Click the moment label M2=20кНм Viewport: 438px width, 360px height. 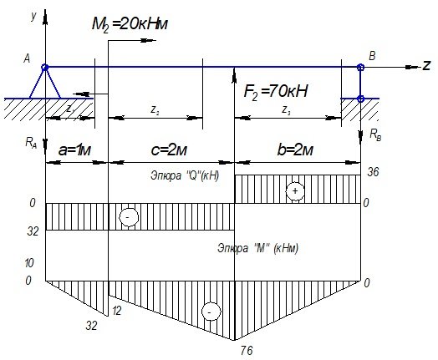point(130,24)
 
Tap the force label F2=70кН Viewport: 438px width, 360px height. point(276,91)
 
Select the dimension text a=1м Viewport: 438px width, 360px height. point(74,150)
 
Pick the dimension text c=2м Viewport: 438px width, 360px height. point(169,150)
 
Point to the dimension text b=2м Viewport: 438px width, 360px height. point(295,150)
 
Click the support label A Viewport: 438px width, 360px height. point(27,58)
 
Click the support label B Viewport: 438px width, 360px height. point(372,56)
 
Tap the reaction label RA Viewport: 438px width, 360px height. point(31,143)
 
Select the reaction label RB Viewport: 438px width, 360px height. point(375,134)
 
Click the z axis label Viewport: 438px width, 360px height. point(426,65)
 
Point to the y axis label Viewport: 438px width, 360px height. point(33,17)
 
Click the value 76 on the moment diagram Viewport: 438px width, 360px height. point(247,351)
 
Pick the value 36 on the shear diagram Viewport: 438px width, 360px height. point(373,172)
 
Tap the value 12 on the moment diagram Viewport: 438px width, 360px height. point(117,311)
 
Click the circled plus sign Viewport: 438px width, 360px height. point(295,191)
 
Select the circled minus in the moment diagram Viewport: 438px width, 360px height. point(211,312)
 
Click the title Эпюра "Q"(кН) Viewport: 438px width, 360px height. point(185,175)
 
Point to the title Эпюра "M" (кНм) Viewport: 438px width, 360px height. point(257,248)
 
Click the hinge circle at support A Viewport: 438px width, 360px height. point(45,68)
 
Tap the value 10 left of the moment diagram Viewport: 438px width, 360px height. point(29,263)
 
